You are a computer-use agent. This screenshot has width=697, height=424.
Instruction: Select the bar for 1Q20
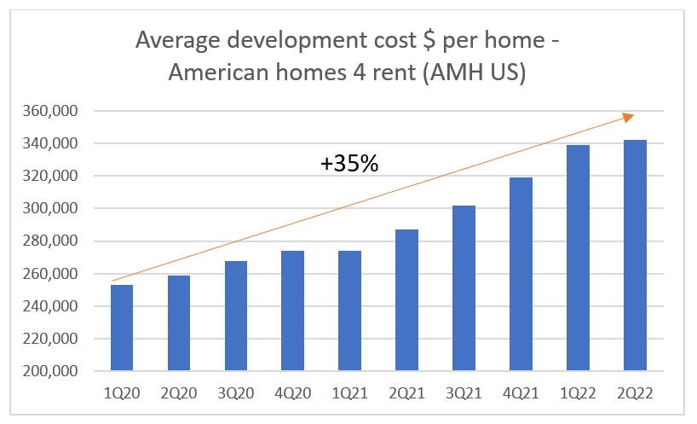coord(122,328)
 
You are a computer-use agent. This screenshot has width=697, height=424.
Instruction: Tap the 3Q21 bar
coord(464,288)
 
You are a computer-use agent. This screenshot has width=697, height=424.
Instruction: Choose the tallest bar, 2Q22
coord(635,256)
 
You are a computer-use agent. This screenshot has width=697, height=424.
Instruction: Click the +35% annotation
coord(349,164)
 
